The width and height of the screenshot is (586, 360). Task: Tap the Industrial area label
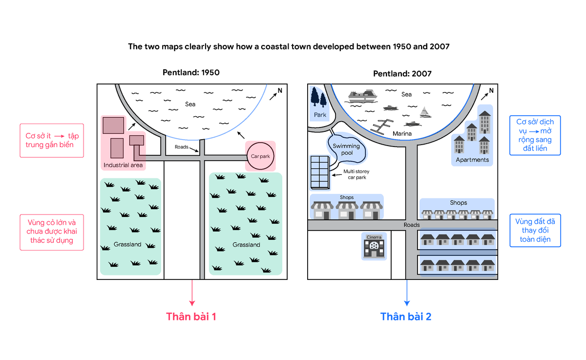click(123, 165)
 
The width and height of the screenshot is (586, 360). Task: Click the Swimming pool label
click(346, 149)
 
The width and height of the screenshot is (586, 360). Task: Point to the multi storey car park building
click(320, 172)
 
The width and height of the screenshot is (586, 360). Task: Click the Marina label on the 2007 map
click(402, 134)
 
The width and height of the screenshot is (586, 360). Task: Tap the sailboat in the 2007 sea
click(425, 112)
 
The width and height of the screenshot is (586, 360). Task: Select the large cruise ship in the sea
click(363, 96)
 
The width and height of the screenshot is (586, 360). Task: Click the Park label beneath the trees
click(320, 115)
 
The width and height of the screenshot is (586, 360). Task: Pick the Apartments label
click(472, 160)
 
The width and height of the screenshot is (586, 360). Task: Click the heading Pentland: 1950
click(191, 72)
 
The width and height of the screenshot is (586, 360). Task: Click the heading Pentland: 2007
click(402, 74)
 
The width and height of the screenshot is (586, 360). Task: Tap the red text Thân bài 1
click(191, 317)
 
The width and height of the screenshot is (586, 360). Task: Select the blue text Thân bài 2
click(406, 317)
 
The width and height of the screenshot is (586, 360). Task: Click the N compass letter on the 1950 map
click(280, 90)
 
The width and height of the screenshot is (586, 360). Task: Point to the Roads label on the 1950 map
click(182, 147)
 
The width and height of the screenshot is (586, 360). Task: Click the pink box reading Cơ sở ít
click(52, 141)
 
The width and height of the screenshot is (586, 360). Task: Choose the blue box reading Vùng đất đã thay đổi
click(535, 231)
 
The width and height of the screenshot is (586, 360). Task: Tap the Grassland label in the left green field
click(127, 244)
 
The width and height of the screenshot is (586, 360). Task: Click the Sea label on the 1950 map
click(190, 104)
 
